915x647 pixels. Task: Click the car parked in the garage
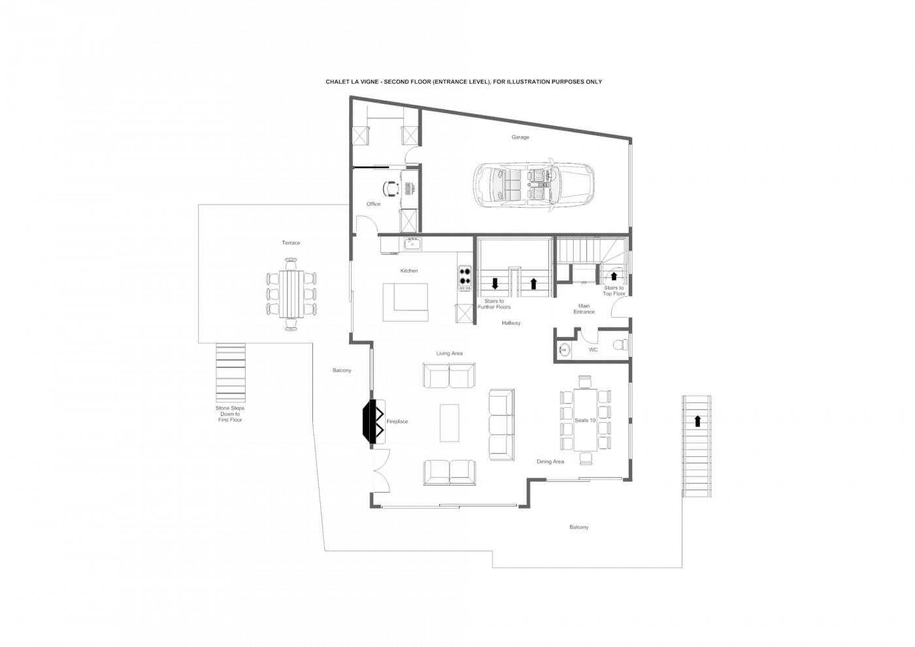pos(534,186)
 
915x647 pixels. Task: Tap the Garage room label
pos(520,137)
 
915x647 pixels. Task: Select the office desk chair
pos(391,188)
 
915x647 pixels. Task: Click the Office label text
pos(373,204)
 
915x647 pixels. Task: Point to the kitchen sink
pos(412,243)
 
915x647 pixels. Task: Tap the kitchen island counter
pos(405,302)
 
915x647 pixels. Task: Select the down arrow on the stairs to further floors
pos(495,283)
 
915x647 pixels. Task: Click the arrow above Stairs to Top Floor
pos(614,276)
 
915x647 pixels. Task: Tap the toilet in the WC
pos(621,345)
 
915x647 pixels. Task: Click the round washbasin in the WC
pos(564,349)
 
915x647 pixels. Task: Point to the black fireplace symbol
pos(371,421)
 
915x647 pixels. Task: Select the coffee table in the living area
pos(450,423)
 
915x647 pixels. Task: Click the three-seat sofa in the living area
pos(501,425)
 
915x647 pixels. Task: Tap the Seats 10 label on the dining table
pos(585,420)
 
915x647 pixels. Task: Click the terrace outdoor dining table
pos(291,293)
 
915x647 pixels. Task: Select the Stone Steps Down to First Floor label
pos(230,414)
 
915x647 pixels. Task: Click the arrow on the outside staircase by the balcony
pos(698,421)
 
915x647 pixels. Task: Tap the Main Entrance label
pos(584,308)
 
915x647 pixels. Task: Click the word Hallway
pos(511,323)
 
